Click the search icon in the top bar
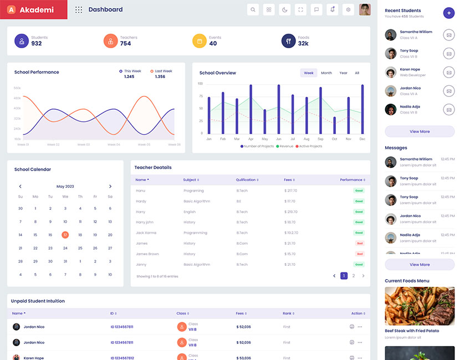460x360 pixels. click(253, 9)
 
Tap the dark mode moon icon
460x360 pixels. click(284, 9)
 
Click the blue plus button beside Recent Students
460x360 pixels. click(448, 13)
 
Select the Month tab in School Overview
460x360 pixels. click(326, 73)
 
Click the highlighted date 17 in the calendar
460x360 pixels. click(65, 235)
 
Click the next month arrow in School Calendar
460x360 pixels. click(110, 187)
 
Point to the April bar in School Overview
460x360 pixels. click(251, 109)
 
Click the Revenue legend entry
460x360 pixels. click(285, 146)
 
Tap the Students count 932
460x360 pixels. click(37, 44)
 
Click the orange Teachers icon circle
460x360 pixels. click(110, 41)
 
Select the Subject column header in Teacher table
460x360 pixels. click(191, 180)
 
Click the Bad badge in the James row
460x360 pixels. click(359, 243)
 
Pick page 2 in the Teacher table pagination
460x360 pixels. click(354, 275)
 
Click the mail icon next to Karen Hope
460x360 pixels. click(448, 72)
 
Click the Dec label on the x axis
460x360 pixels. click(362, 139)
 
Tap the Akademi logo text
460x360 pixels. click(37, 10)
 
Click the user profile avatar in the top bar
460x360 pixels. click(365, 9)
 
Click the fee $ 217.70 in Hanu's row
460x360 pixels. click(290, 191)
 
